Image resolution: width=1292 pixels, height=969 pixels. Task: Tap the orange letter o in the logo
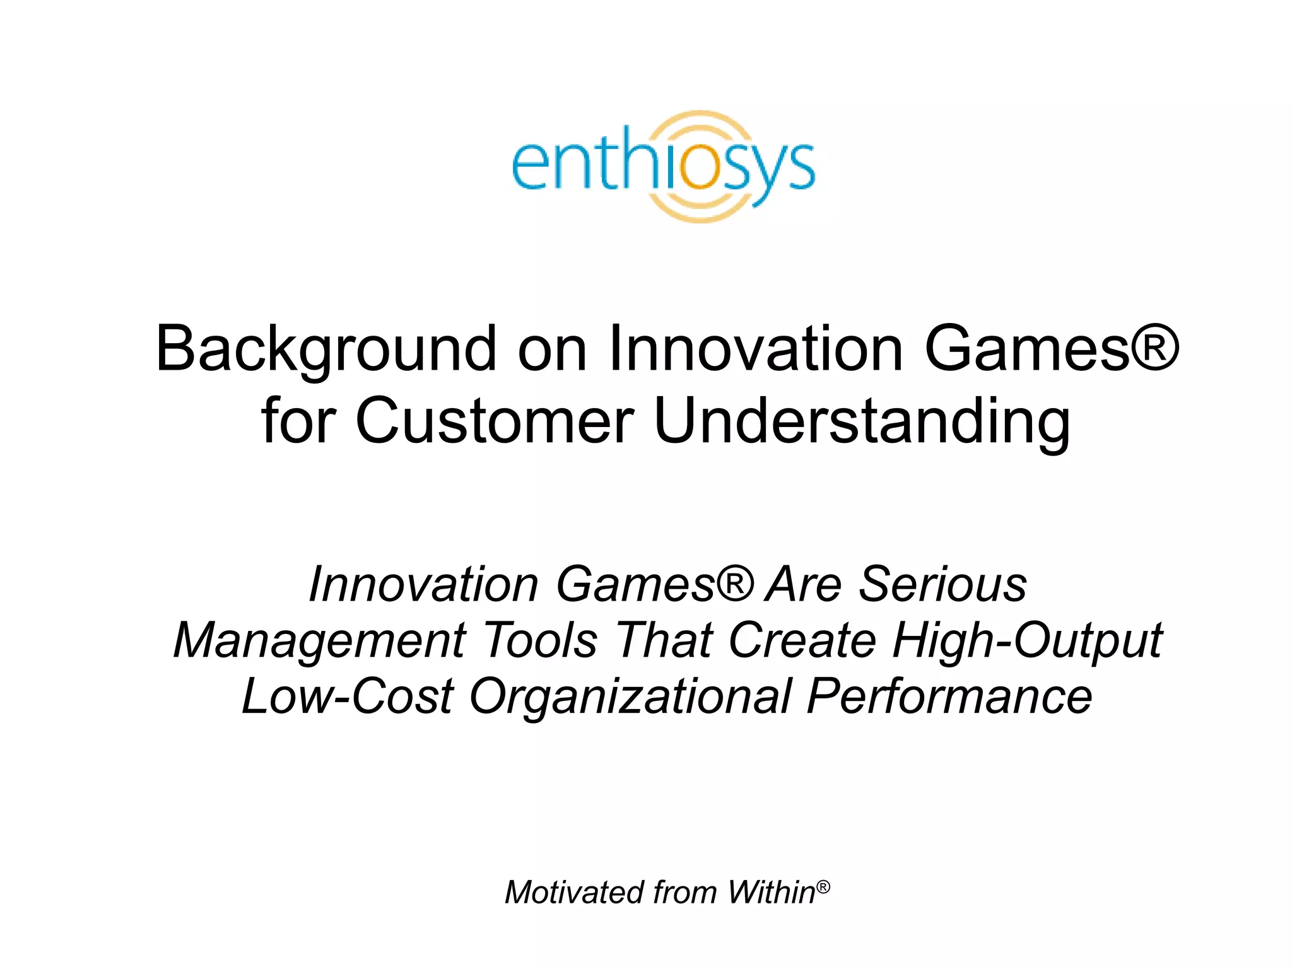point(699,166)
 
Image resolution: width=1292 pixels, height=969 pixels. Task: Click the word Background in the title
point(326,349)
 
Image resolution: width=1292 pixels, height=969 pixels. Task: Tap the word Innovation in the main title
point(756,349)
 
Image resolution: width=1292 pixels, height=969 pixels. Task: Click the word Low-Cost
point(348,696)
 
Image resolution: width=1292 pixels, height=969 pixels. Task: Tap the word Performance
point(949,696)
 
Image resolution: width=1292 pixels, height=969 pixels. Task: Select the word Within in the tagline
point(770,893)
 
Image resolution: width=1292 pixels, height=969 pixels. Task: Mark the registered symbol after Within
point(823,886)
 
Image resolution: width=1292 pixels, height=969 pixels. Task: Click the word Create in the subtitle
point(802,640)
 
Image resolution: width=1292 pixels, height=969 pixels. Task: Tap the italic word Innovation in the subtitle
point(423,584)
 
